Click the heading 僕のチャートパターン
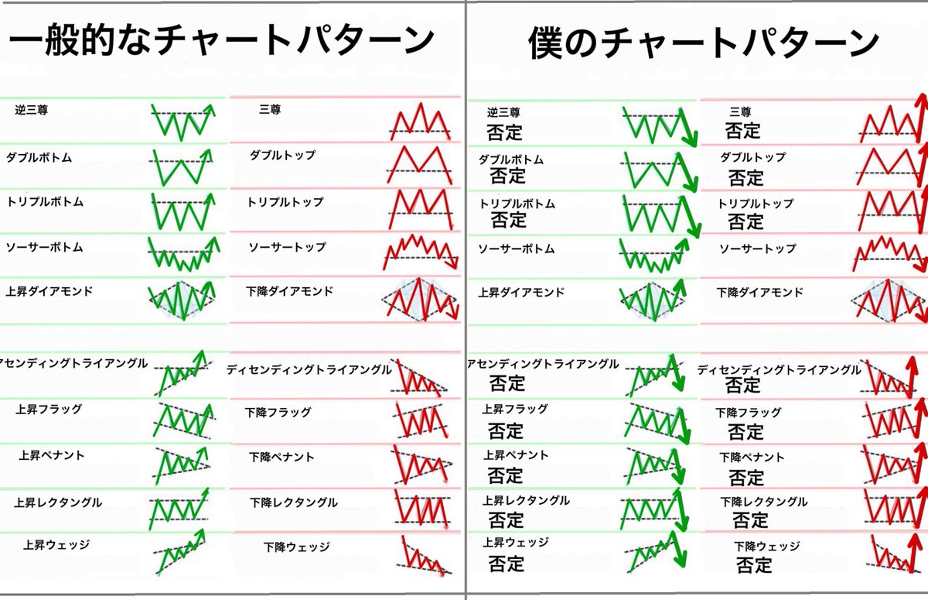(704, 43)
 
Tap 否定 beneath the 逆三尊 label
(504, 132)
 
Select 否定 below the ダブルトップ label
(745, 177)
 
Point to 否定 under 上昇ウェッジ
(506, 563)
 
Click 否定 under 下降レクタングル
(750, 519)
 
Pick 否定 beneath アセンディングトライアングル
(507, 382)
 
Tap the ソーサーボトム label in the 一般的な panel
(44, 248)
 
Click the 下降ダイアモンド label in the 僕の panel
(759, 293)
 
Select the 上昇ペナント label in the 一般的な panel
(52, 455)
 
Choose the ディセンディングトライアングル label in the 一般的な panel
(309, 370)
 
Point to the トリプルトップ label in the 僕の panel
(756, 204)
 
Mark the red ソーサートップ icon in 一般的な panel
(420, 252)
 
